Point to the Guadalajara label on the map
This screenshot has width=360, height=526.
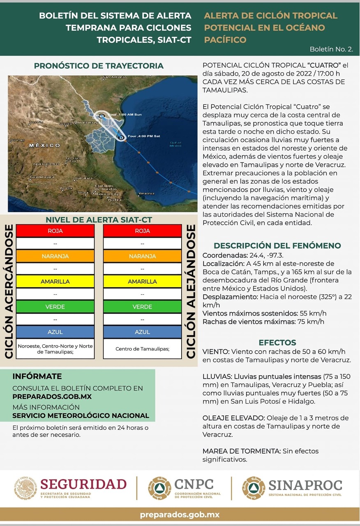click(x=42, y=177)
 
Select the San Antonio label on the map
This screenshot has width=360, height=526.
click(x=115, y=77)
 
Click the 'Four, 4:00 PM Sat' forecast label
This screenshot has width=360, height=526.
click(x=143, y=136)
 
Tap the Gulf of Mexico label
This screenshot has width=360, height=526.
click(x=175, y=144)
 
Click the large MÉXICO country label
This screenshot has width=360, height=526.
click(x=44, y=145)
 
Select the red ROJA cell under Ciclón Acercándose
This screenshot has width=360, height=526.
click(x=55, y=231)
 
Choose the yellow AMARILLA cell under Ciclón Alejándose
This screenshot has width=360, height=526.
click(x=142, y=281)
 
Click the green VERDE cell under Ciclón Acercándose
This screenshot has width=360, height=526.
click(x=55, y=307)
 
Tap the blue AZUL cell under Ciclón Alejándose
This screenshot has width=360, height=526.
click(x=142, y=332)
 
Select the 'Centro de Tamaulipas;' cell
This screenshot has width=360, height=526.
click(x=142, y=349)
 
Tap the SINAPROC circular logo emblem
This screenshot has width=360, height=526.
click(x=253, y=489)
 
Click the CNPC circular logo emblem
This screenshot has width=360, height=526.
click(x=159, y=489)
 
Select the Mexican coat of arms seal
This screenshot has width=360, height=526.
click(x=26, y=489)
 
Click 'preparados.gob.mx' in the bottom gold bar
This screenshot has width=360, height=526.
click(x=180, y=514)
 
